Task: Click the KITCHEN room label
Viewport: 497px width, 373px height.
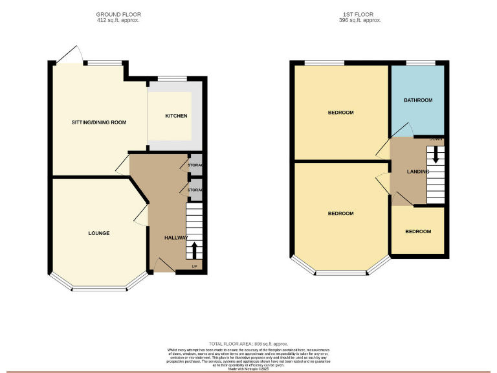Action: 176,116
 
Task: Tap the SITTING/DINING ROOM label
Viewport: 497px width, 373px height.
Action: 99,122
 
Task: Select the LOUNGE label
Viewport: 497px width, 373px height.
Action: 99,233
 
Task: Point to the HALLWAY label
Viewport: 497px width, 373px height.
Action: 176,238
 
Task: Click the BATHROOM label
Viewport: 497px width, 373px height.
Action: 418,100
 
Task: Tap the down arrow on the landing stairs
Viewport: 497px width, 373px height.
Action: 436,154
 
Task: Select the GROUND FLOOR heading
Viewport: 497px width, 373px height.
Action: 118,14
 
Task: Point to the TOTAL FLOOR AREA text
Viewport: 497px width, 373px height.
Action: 248,344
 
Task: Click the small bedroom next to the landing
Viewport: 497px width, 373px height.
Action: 418,232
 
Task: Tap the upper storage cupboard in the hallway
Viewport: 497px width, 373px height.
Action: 195,166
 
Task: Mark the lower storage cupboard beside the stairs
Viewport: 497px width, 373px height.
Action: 195,190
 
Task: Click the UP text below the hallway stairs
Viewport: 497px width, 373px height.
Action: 195,266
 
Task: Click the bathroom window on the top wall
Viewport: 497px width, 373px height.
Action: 415,63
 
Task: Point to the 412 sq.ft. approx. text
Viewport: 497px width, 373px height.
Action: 118,21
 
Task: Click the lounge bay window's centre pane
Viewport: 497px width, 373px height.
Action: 99,288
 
